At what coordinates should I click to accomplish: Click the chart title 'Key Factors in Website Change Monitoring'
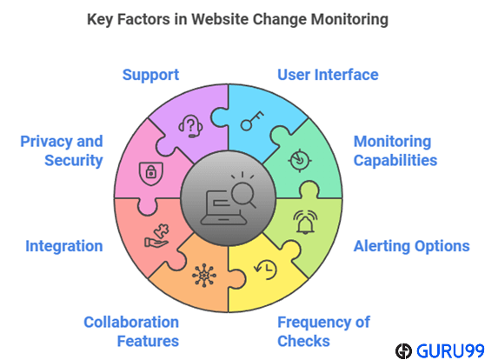237,20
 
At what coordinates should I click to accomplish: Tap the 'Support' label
150,76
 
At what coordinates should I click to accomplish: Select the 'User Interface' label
328,75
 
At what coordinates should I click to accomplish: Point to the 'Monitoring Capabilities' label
395,150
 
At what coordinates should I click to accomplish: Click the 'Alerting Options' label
411,246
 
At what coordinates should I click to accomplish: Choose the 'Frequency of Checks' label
323,331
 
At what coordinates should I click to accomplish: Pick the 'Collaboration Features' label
131,331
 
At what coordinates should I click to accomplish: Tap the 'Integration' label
64,246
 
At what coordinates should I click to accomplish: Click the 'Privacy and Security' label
62,150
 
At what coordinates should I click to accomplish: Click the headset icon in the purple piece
190,126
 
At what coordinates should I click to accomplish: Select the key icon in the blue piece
252,121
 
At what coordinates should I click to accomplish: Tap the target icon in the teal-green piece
299,160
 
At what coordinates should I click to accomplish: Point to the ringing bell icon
305,223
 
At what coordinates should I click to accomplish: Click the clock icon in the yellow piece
265,270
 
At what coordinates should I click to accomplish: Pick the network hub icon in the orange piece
204,275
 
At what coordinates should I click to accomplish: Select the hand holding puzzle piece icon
156,236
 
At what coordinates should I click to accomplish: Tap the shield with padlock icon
151,174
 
